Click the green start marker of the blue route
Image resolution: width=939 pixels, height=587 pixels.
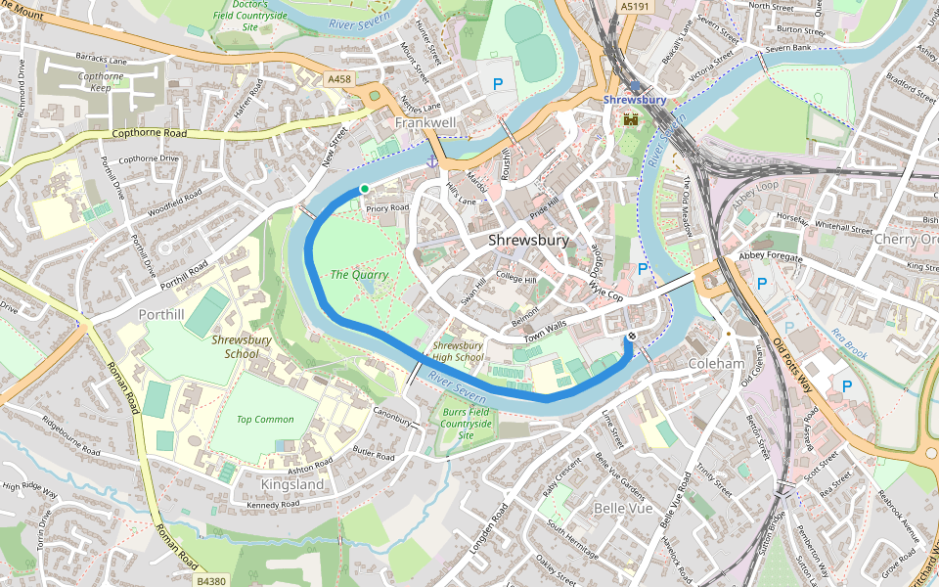pos(365,189)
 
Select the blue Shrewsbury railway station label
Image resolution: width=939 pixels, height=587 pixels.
pos(635,100)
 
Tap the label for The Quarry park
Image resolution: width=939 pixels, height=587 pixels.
pos(359,275)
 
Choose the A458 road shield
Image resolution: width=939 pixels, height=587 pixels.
pos(339,78)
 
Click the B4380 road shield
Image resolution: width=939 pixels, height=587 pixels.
pos(210,580)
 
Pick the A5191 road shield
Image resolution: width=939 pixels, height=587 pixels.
pos(634,6)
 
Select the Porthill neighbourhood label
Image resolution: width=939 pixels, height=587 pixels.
pos(161,315)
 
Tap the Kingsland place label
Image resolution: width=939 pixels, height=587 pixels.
pos(292,484)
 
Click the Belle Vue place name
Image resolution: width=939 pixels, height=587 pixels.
pos(623,509)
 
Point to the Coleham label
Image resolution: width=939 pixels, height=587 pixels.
pos(716,363)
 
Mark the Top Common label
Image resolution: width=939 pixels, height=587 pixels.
pos(265,420)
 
